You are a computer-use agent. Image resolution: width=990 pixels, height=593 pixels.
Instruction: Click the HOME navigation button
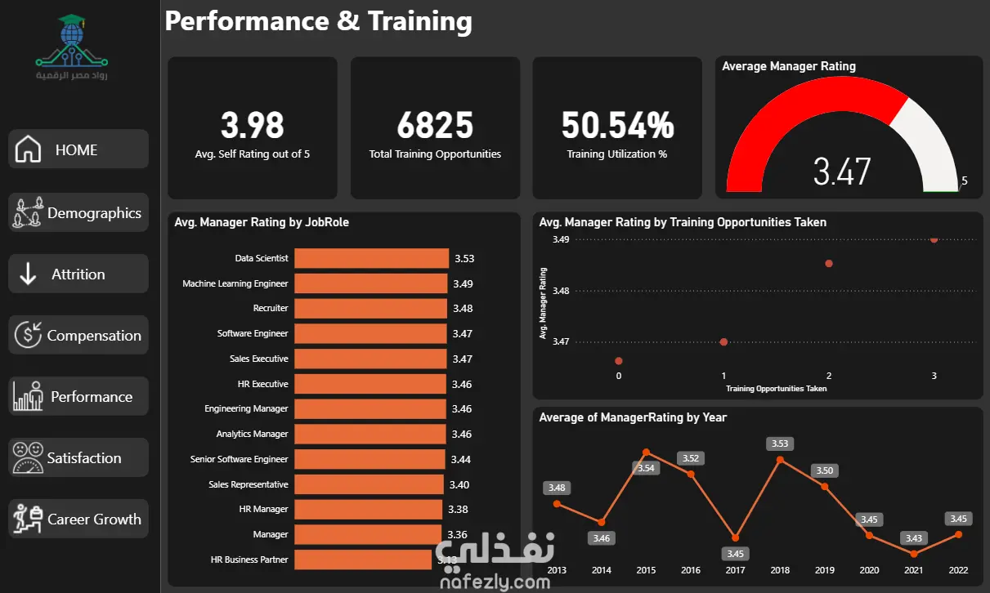pos(78,149)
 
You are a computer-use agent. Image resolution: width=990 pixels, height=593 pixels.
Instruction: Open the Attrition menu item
pos(78,274)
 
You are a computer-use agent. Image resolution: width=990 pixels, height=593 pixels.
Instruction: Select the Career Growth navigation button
pos(78,519)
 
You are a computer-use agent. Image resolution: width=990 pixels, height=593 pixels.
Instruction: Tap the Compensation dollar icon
pos(28,335)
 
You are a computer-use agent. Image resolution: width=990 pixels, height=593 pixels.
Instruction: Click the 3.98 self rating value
pos(253,125)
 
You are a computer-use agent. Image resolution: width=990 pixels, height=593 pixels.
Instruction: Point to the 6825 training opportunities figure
pos(435,125)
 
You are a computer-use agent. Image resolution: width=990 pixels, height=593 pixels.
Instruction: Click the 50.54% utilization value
pos(617,125)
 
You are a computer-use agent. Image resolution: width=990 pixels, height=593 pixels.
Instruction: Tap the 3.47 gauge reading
pos(842,172)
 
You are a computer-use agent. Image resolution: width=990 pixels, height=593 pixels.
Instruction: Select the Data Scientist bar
pos(372,258)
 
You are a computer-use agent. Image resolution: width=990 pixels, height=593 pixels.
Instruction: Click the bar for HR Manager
pos(369,509)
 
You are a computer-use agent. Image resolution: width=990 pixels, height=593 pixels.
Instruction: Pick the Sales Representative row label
pos(249,484)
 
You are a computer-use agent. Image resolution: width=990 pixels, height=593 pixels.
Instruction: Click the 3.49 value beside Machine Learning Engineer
pos(463,283)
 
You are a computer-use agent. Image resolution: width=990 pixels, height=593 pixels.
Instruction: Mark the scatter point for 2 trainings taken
pos(829,264)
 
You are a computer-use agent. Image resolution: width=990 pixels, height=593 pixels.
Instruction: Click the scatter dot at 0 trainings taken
pos(619,361)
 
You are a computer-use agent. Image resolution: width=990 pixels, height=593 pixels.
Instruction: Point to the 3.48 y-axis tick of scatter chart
pos(561,291)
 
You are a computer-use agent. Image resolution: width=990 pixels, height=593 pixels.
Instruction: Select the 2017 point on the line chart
pos(736,537)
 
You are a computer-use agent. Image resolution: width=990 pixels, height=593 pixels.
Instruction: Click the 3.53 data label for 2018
pos(780,444)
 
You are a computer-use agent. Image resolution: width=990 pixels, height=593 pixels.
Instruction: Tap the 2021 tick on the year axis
pos(913,570)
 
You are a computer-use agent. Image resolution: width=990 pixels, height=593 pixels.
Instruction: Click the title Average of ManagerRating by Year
pos(633,417)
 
